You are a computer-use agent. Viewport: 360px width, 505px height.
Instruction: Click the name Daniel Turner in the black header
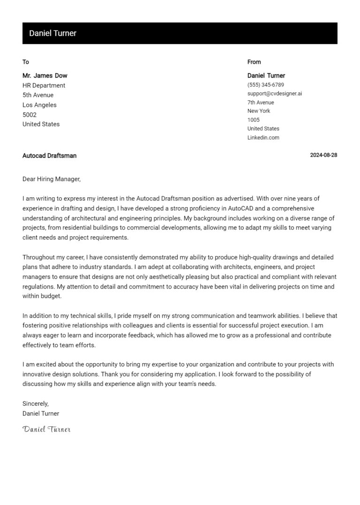[x=52, y=33]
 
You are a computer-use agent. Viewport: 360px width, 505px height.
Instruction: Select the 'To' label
[x=26, y=62]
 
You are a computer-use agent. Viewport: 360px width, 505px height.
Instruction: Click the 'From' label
[x=254, y=62]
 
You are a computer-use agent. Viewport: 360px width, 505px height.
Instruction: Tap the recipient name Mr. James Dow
[x=45, y=75]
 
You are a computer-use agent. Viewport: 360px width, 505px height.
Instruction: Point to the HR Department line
[x=44, y=85]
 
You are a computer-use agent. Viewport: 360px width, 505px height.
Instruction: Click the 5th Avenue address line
[x=38, y=95]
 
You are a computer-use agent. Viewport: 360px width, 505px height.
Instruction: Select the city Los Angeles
[x=39, y=105]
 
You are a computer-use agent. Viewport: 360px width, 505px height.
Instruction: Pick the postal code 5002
[x=29, y=115]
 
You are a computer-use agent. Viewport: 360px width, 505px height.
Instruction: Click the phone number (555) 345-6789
[x=265, y=85]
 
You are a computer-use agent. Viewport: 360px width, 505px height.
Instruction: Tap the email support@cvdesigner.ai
[x=275, y=94]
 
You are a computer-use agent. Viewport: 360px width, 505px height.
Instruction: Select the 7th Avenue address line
[x=261, y=103]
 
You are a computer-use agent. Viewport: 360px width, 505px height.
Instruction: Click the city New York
[x=259, y=111]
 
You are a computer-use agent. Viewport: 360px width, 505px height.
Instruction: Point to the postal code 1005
[x=253, y=120]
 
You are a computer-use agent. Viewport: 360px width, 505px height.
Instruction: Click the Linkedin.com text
[x=263, y=138]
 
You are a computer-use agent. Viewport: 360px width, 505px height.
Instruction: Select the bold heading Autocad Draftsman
[x=49, y=156]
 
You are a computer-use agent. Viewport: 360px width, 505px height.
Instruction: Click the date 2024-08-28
[x=323, y=156]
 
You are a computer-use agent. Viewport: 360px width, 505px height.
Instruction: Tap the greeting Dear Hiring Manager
[x=52, y=179]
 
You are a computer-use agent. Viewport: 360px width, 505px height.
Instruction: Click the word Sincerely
[x=36, y=403]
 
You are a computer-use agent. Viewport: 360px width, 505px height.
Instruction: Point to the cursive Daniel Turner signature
[x=46, y=429]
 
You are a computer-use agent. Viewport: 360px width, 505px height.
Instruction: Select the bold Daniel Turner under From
[x=266, y=75]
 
